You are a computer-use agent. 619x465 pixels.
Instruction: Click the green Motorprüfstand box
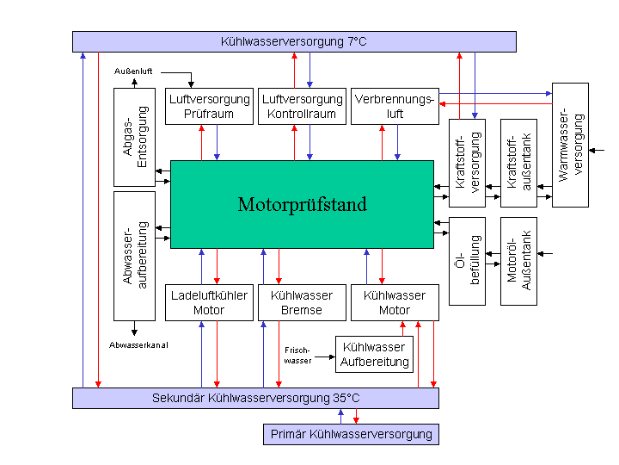pyautogui.click(x=302, y=204)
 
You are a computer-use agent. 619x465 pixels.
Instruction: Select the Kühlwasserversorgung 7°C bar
pyautogui.click(x=294, y=41)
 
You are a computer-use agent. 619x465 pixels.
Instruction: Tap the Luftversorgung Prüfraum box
pyautogui.click(x=208, y=106)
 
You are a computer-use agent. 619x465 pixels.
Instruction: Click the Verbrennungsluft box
pyautogui.click(x=395, y=106)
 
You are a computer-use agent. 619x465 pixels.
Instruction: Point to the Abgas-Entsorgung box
pyautogui.click(x=135, y=137)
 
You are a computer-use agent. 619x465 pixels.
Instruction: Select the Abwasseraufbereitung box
pyautogui.click(x=135, y=256)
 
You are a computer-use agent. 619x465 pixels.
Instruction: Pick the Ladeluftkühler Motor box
pyautogui.click(x=209, y=302)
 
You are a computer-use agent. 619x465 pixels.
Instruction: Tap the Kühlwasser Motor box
pyautogui.click(x=395, y=302)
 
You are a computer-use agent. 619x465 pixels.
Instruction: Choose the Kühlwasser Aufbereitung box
pyautogui.click(x=374, y=354)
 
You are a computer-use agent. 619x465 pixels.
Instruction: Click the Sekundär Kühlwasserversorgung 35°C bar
pyautogui.click(x=255, y=398)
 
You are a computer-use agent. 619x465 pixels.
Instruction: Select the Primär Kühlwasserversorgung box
pyautogui.click(x=351, y=434)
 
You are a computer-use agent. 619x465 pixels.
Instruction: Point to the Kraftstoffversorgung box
pyautogui.click(x=467, y=163)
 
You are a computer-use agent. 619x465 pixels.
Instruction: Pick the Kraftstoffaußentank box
pyautogui.click(x=518, y=163)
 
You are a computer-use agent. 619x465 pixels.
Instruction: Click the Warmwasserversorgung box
pyautogui.click(x=570, y=145)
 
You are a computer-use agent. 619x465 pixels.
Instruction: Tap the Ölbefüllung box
pyautogui.click(x=467, y=261)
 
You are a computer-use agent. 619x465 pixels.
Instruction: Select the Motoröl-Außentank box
pyautogui.click(x=518, y=261)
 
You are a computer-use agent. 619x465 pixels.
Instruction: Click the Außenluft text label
pyautogui.click(x=133, y=71)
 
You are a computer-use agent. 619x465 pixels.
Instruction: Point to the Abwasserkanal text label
pyautogui.click(x=138, y=344)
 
